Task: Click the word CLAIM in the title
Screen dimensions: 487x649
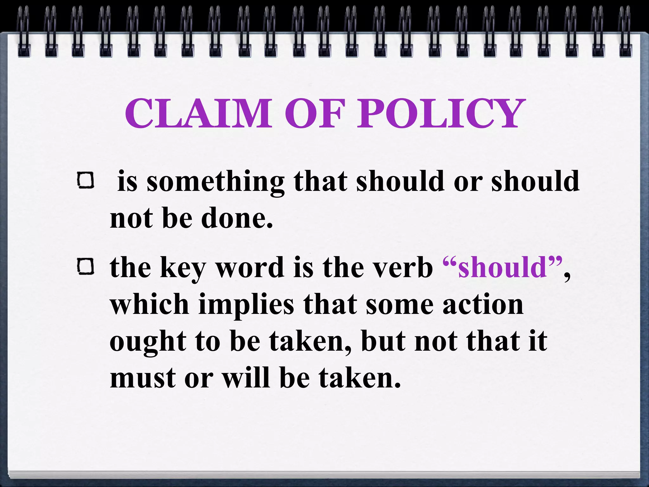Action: (198, 113)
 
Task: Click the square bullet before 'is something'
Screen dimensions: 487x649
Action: (86, 181)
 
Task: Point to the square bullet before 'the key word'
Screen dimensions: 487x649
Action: (86, 266)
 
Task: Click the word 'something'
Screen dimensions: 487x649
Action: (215, 182)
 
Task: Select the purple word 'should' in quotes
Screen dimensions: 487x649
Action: (502, 267)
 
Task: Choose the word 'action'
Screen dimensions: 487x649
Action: (483, 304)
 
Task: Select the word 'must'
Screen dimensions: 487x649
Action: (143, 379)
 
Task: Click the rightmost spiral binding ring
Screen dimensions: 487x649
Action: (625, 32)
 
